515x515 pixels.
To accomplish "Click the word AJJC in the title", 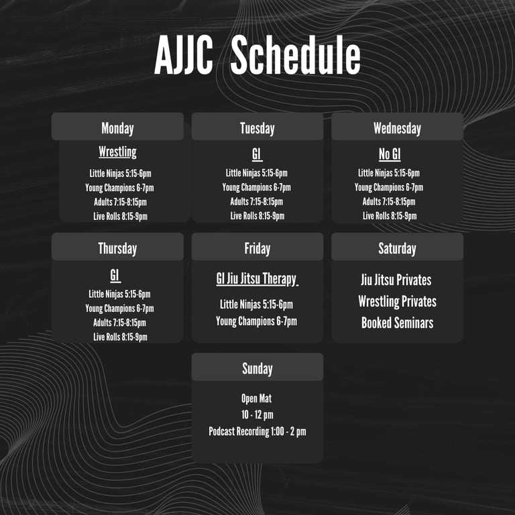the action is [x=184, y=55].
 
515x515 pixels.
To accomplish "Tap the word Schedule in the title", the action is [x=296, y=55].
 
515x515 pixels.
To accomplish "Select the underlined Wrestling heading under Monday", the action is [x=117, y=152].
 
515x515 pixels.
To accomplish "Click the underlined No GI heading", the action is [x=390, y=154].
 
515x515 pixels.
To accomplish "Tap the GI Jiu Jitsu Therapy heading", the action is [x=257, y=279].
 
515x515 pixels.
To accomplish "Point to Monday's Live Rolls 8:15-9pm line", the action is [x=120, y=216].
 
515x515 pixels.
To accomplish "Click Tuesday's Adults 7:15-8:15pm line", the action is [x=257, y=201].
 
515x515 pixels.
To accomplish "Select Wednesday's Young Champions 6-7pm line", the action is [x=389, y=187].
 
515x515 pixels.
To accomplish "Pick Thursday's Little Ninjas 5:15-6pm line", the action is [x=119, y=294].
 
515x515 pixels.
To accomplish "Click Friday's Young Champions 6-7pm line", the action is [x=257, y=321].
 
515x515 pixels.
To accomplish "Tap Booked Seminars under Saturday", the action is [x=397, y=323].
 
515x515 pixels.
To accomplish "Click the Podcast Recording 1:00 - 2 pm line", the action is [x=257, y=431].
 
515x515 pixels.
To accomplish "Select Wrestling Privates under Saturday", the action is [x=398, y=301].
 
